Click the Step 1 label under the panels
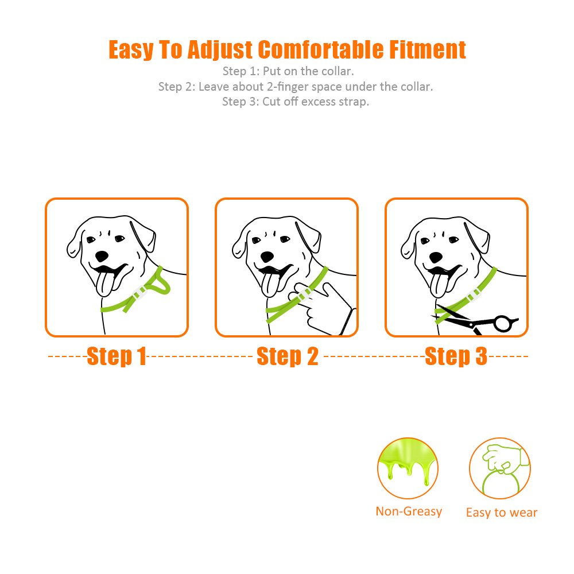click(x=117, y=356)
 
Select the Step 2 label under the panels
click(x=288, y=356)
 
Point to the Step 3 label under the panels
click(x=456, y=356)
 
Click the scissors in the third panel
click(x=476, y=320)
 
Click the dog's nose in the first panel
click(x=102, y=256)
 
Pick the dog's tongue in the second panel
click(x=270, y=285)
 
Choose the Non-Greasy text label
click(x=409, y=511)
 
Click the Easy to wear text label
click(x=502, y=513)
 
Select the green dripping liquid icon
click(x=408, y=468)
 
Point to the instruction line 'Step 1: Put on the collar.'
click(x=288, y=71)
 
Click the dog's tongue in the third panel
click(x=439, y=285)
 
